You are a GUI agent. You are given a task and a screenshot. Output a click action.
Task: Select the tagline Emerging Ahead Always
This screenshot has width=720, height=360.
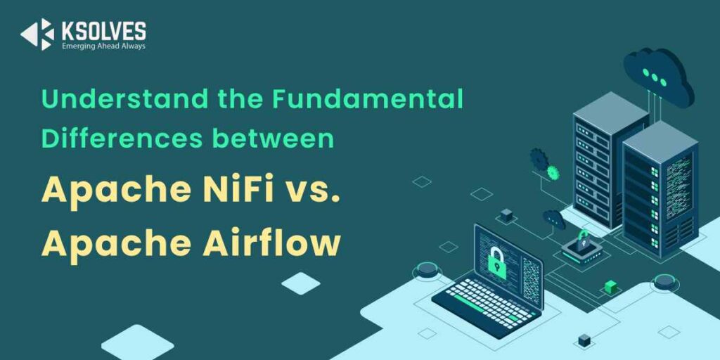click(x=104, y=46)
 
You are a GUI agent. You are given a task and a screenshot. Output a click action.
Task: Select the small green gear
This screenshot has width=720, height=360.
click(x=553, y=173)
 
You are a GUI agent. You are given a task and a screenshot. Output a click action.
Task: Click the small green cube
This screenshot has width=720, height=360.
click(x=611, y=287)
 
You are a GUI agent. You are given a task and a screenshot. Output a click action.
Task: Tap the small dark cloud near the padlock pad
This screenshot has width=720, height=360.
click(x=554, y=219)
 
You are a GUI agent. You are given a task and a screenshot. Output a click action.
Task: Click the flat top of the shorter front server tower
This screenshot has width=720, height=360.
click(x=660, y=141)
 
